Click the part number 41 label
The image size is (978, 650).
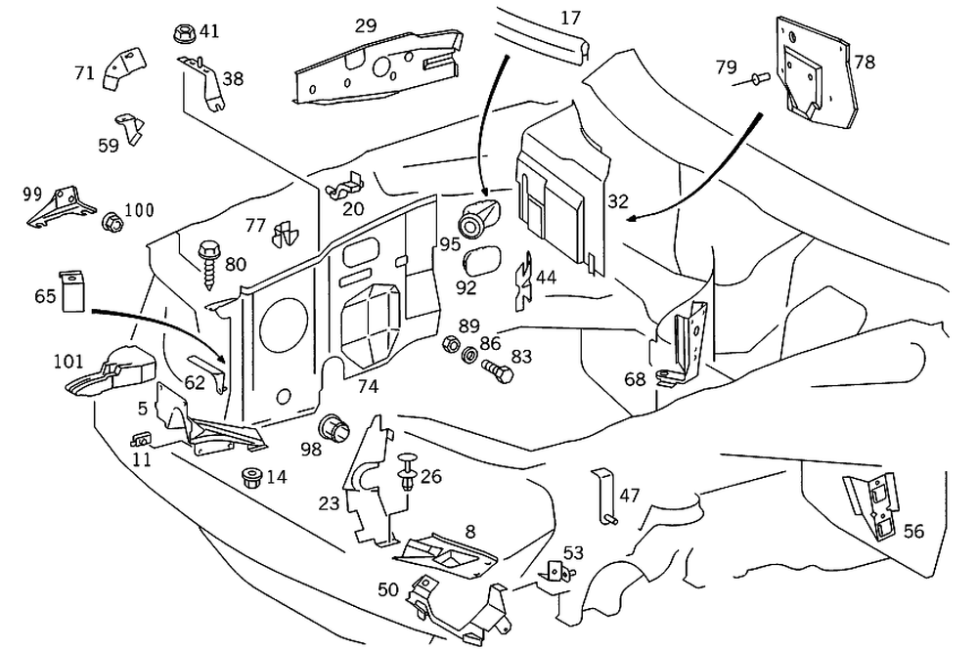209,30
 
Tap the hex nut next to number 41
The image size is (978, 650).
183,33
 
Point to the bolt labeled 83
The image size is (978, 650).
497,371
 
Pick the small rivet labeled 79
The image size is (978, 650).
755,76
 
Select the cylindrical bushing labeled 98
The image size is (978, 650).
334,428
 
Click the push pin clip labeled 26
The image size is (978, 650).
407,472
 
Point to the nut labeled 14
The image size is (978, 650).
249,479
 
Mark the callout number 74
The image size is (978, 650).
367,387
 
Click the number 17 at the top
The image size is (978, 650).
571,17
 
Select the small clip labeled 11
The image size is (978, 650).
141,438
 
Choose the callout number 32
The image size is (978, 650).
617,201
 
